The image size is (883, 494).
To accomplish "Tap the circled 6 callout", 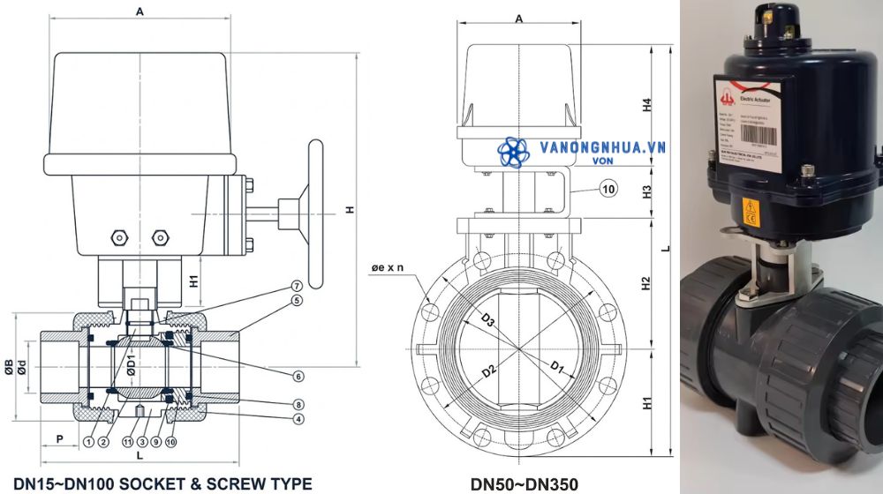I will click(298, 376).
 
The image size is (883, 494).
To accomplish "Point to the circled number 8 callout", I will click(298, 404).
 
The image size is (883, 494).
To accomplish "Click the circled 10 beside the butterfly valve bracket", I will click(608, 189).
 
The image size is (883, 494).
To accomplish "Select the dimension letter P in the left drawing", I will click(59, 438).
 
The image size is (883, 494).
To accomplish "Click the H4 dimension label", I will click(646, 104).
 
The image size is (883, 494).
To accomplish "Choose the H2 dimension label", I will click(646, 284).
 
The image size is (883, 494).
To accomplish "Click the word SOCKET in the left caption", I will click(143, 483).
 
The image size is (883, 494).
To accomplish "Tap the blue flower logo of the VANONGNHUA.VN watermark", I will click(512, 152).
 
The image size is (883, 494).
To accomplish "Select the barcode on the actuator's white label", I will click(766, 138).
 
